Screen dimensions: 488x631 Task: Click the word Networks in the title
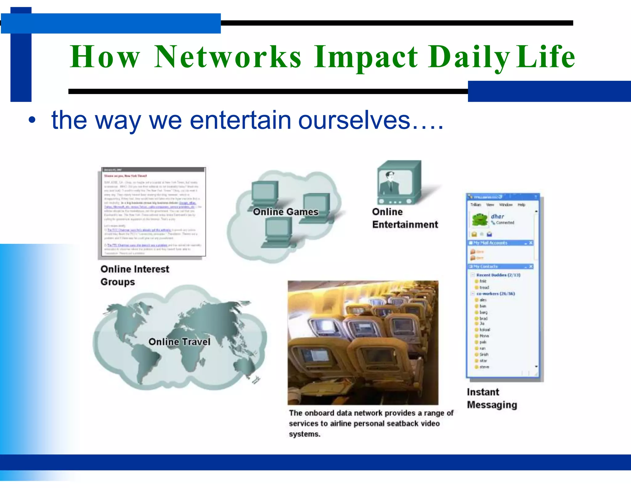228,57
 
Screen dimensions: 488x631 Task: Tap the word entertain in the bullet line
240,120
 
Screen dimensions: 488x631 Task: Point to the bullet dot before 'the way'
32,120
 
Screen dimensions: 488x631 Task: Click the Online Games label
286,212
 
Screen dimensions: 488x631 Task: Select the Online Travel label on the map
179,342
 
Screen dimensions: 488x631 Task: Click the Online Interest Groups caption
135,275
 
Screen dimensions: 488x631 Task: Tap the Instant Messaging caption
491,398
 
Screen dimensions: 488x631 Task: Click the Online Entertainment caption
405,218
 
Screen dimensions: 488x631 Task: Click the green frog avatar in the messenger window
480,219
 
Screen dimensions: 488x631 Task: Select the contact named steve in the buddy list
484,367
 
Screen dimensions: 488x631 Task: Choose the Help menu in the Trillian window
521,205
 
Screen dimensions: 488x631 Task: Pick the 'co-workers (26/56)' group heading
495,294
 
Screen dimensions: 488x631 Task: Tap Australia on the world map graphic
245,367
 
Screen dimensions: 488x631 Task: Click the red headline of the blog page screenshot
125,176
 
